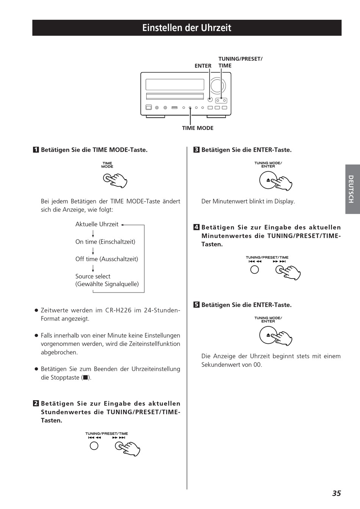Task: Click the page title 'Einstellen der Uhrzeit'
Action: [187, 28]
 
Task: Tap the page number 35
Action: [337, 493]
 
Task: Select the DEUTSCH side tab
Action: [352, 189]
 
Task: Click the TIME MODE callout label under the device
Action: [197, 128]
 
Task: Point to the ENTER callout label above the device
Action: [203, 66]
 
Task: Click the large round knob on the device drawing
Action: [218, 86]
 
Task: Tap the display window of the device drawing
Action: [175, 85]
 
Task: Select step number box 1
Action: [36, 150]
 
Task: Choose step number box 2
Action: [36, 403]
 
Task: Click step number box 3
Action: [196, 150]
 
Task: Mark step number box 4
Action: [196, 227]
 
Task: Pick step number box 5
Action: [196, 305]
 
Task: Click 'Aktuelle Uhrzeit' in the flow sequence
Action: [97, 224]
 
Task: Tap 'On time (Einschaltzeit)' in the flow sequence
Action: [105, 241]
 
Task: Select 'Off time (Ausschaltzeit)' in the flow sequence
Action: [106, 259]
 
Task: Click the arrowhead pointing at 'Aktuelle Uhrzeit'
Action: [123, 224]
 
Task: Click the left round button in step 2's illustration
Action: [94, 446]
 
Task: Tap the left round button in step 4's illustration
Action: [255, 269]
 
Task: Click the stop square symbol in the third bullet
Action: [86, 377]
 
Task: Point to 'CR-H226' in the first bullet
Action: [118, 310]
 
